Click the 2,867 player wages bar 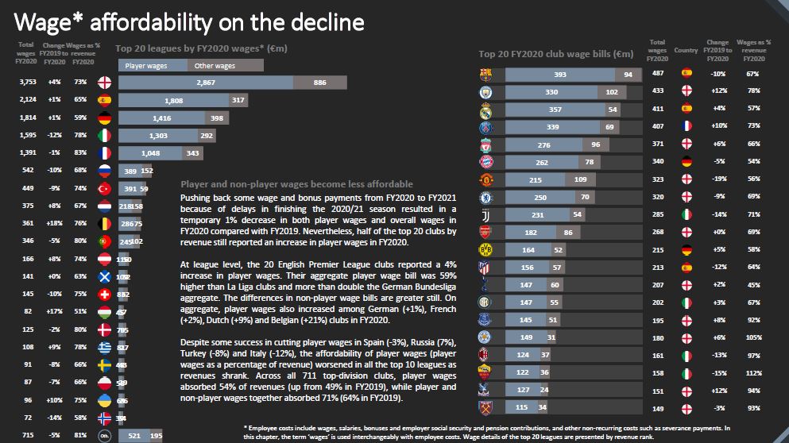click(206, 83)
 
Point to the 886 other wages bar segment click(319, 83)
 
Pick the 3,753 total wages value click(29, 83)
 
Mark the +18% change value click(54, 224)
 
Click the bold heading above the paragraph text click(297, 183)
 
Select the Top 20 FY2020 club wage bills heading click(555, 55)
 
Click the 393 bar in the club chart click(559, 74)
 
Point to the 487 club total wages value click(657, 74)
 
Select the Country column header click(686, 50)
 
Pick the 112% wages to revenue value click(752, 372)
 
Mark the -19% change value click(718, 180)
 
